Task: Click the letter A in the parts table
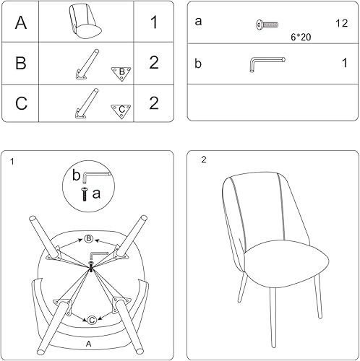(x=21, y=22)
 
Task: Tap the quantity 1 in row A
(x=153, y=22)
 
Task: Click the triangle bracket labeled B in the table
(x=121, y=71)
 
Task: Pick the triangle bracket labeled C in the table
(x=121, y=110)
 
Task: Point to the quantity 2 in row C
(x=153, y=103)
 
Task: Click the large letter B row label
(x=21, y=63)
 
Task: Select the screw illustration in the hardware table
(x=267, y=25)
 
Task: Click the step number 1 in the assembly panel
(x=12, y=161)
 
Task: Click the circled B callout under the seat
(x=89, y=239)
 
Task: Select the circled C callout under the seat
(x=93, y=320)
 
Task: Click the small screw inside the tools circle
(x=87, y=193)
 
